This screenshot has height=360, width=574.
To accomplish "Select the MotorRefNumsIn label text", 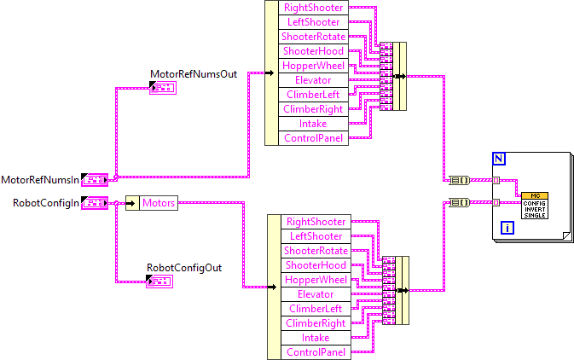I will pyautogui.click(x=40, y=180).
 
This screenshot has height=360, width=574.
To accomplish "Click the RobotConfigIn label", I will pyautogui.click(x=46, y=202).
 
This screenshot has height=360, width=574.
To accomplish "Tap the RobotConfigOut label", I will pyautogui.click(x=184, y=267).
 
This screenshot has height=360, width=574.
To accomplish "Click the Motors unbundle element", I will pyautogui.click(x=159, y=203).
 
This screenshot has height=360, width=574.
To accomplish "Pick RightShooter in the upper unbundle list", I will pyautogui.click(x=313, y=8).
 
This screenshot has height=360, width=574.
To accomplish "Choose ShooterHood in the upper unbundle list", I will pyautogui.click(x=313, y=51).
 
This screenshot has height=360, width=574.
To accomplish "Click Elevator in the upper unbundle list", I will pyautogui.click(x=313, y=80).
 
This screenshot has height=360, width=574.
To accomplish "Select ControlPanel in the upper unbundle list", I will pyautogui.click(x=313, y=138).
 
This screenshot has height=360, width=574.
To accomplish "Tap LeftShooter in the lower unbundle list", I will pyautogui.click(x=316, y=236).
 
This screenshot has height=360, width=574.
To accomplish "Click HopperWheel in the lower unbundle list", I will pyautogui.click(x=316, y=280).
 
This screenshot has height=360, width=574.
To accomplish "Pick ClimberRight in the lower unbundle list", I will pyautogui.click(x=316, y=323).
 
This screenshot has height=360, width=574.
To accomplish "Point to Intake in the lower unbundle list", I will pyautogui.click(x=316, y=338).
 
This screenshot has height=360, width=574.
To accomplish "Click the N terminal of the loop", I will pyautogui.click(x=499, y=159).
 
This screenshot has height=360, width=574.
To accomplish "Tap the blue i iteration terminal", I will pyautogui.click(x=507, y=228).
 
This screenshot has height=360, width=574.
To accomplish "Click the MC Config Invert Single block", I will pyautogui.click(x=535, y=205).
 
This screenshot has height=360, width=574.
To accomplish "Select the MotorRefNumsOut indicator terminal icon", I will pyautogui.click(x=162, y=88).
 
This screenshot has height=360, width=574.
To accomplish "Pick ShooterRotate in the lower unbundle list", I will pyautogui.click(x=316, y=251).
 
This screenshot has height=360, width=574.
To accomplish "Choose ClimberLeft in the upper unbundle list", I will pyautogui.click(x=313, y=95).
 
